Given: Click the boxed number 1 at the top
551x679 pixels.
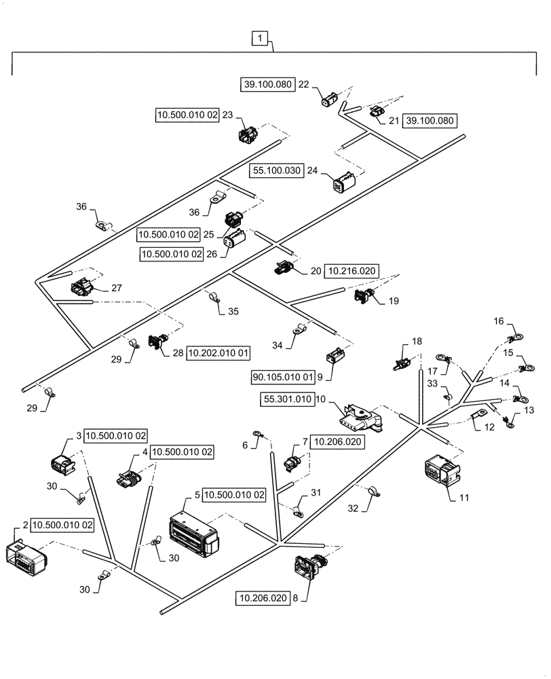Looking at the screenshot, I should click(263, 39).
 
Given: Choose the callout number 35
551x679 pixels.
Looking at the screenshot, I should click(233, 312).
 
